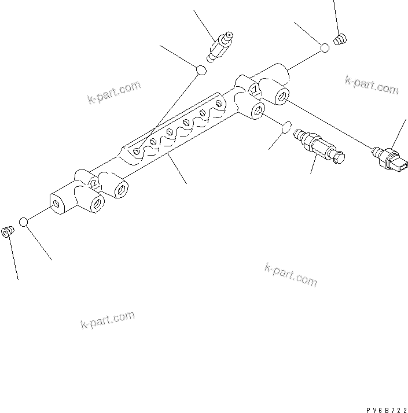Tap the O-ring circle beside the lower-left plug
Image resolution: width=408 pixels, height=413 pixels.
24,222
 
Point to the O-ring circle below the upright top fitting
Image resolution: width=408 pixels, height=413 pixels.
201,70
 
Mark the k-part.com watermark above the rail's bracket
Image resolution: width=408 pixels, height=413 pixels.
114,93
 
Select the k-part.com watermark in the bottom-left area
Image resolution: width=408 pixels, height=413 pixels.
107,319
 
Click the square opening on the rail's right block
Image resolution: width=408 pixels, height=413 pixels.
253,89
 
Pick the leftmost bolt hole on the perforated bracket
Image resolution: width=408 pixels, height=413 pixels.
137,152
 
